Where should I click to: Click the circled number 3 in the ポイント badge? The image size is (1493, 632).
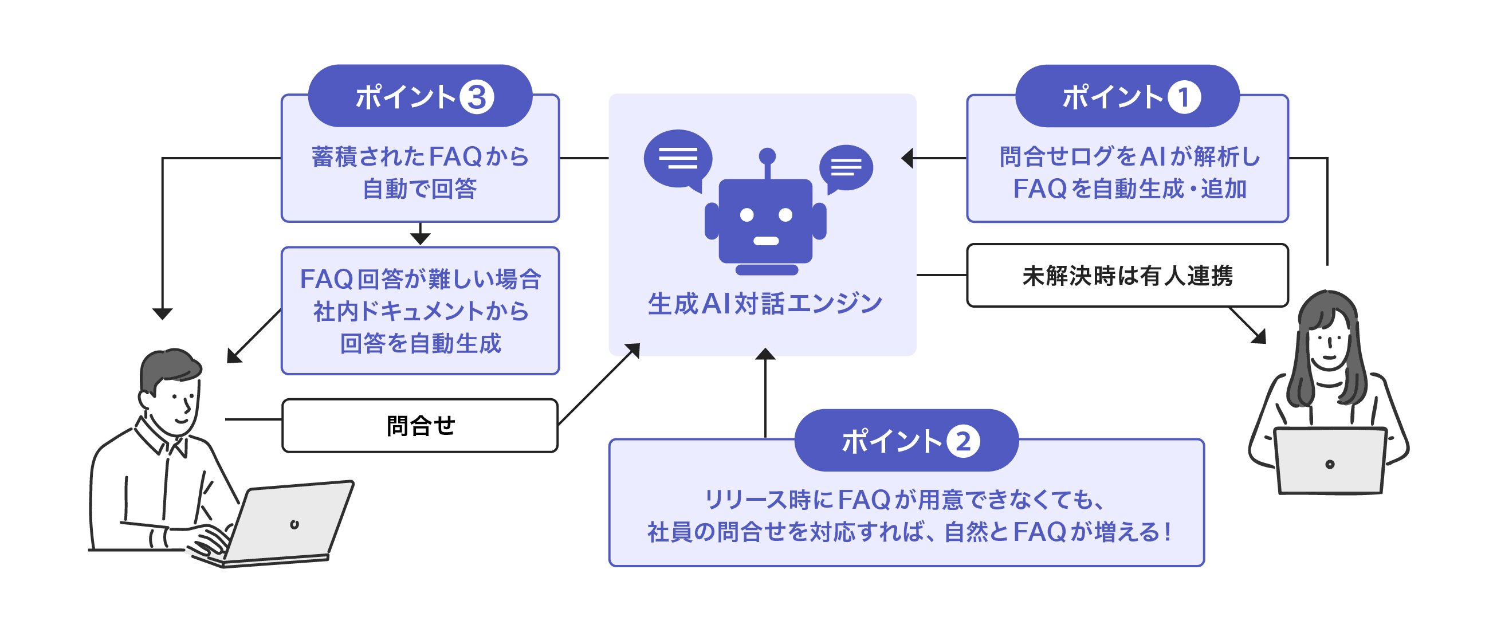pos(477,97)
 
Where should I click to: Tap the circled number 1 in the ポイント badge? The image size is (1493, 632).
pos(1184,97)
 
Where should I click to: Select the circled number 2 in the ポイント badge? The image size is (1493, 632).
pos(962,442)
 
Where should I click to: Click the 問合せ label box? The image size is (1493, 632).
pos(419,426)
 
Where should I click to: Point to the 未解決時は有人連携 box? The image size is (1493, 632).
pos(1127,276)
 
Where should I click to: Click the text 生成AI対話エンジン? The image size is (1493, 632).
pos(764,304)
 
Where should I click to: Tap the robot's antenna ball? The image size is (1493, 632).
pos(767,155)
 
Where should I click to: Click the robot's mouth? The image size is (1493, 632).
pos(765,241)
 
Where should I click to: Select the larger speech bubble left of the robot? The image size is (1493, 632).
pos(678,158)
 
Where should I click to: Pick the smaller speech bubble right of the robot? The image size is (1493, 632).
pos(846,168)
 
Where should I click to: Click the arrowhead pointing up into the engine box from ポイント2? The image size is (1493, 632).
pos(765,354)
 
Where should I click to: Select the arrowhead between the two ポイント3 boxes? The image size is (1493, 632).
pos(419,238)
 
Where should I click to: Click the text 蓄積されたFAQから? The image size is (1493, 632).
pos(419,156)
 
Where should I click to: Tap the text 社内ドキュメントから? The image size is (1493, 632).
pos(419,311)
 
